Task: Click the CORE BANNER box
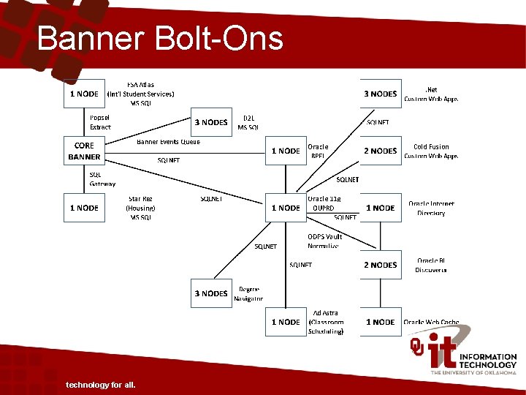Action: pyautogui.click(x=84, y=151)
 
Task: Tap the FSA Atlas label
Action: pyautogui.click(x=140, y=94)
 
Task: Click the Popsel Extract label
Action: pyautogui.click(x=100, y=122)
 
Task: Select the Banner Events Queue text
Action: pyautogui.click(x=168, y=141)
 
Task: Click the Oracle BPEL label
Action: pyautogui.click(x=318, y=151)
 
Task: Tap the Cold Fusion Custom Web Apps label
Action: pyautogui.click(x=431, y=151)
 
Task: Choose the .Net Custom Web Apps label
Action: pyautogui.click(x=431, y=94)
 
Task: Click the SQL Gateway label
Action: pyautogui.click(x=102, y=179)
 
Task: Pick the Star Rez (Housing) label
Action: pyautogui.click(x=140, y=208)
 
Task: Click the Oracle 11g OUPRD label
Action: pyautogui.click(x=324, y=203)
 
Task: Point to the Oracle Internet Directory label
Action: pyautogui.click(x=431, y=208)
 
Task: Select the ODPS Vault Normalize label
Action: pyautogui.click(x=324, y=241)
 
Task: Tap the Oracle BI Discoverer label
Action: pyautogui.click(x=431, y=265)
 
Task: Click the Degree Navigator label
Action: pyautogui.click(x=248, y=293)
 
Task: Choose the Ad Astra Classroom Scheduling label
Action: pyautogui.click(x=325, y=322)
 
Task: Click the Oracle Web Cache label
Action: pyautogui.click(x=431, y=322)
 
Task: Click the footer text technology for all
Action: pyautogui.click(x=100, y=385)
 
